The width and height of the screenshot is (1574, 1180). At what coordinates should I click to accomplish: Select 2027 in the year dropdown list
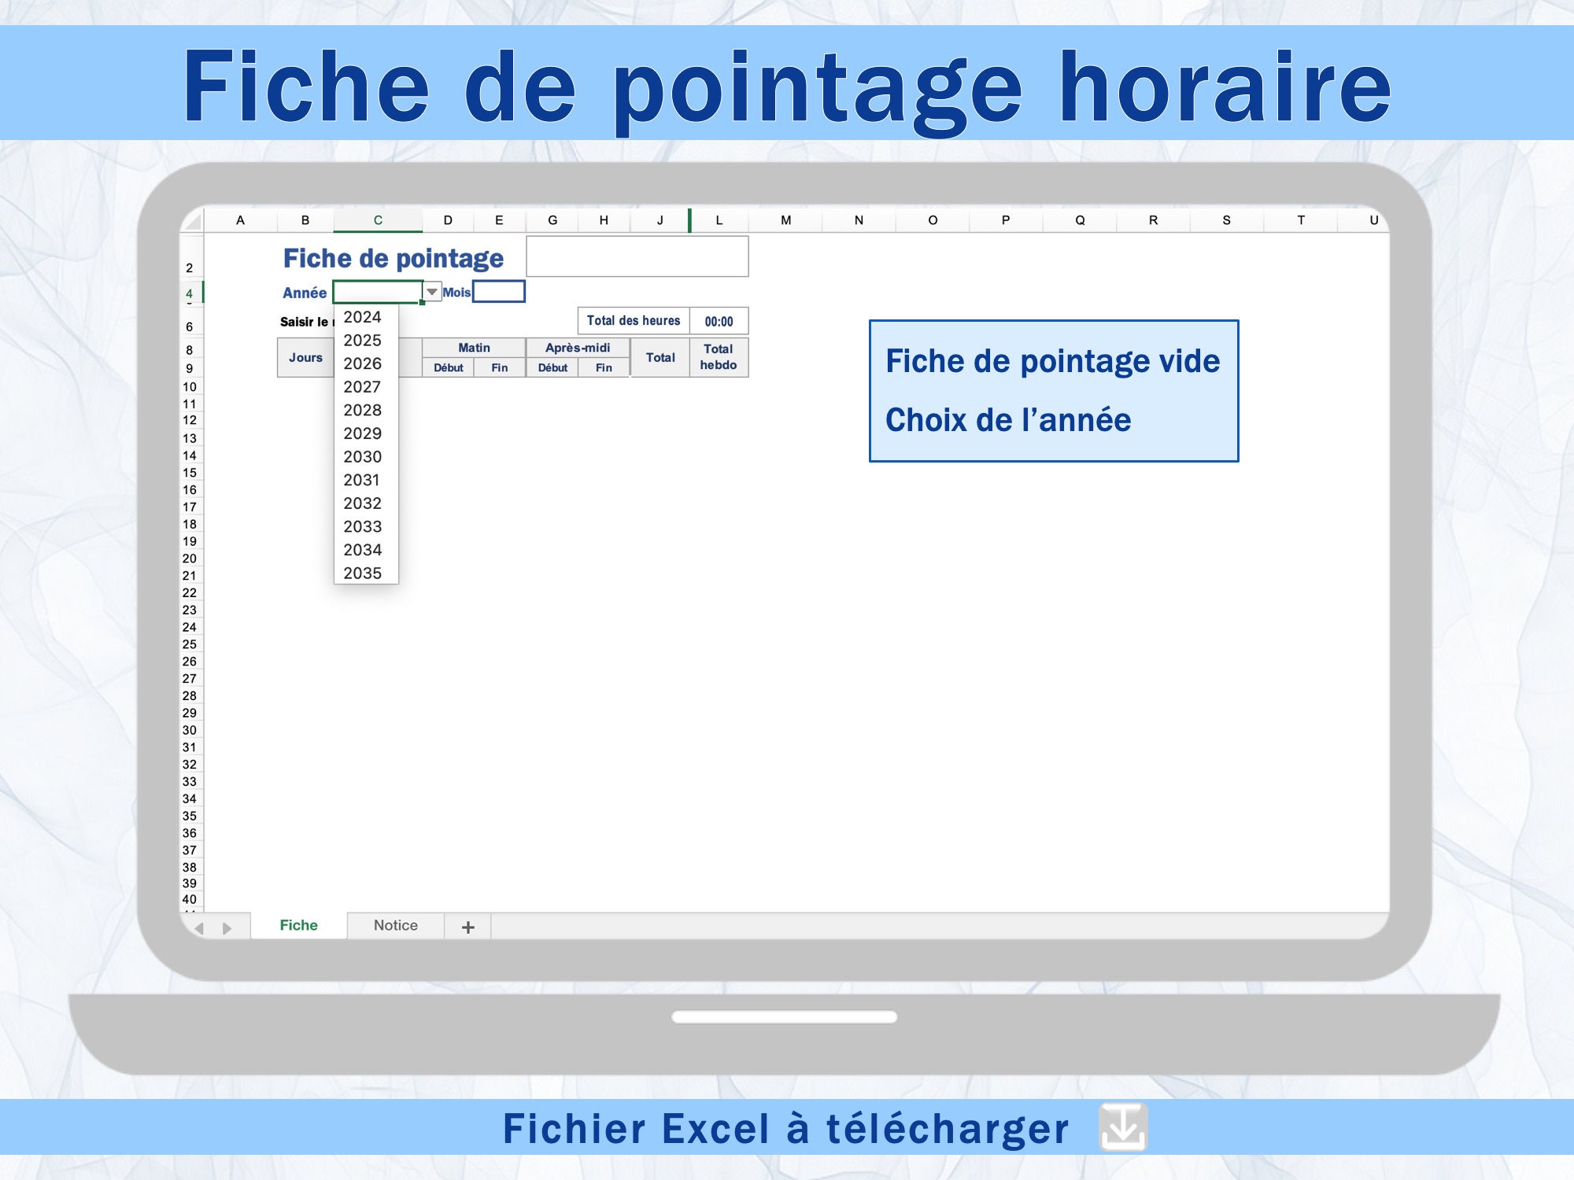[x=362, y=387]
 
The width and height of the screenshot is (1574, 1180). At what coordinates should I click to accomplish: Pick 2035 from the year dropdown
[x=362, y=573]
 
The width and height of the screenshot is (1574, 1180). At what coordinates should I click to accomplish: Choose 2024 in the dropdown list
[x=362, y=317]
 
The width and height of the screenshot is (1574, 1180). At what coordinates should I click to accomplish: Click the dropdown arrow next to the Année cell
[x=432, y=292]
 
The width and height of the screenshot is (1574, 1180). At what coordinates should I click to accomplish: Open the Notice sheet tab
[x=396, y=925]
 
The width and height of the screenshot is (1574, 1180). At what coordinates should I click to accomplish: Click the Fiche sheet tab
[x=299, y=925]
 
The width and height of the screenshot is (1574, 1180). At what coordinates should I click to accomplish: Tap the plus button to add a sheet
[x=468, y=927]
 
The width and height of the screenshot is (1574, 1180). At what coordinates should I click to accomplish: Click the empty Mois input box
[x=499, y=292]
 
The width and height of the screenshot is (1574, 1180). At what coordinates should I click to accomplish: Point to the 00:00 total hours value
[x=719, y=321]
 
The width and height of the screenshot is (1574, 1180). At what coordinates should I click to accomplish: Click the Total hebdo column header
[x=719, y=357]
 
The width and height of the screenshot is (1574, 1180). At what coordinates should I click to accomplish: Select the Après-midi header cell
[x=578, y=348]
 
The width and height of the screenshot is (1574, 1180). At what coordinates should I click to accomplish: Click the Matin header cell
[x=474, y=348]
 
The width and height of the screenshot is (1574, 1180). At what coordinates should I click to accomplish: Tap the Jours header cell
[x=305, y=357]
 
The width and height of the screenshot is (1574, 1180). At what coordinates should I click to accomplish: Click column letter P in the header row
[x=1006, y=220]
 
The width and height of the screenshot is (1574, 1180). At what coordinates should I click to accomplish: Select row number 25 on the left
[x=190, y=644]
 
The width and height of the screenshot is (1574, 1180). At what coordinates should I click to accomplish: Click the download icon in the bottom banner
[x=1123, y=1127]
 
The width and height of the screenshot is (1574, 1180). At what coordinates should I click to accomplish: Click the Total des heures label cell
[x=634, y=321]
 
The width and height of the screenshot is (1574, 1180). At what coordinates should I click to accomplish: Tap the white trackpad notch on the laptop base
[x=785, y=1016]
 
